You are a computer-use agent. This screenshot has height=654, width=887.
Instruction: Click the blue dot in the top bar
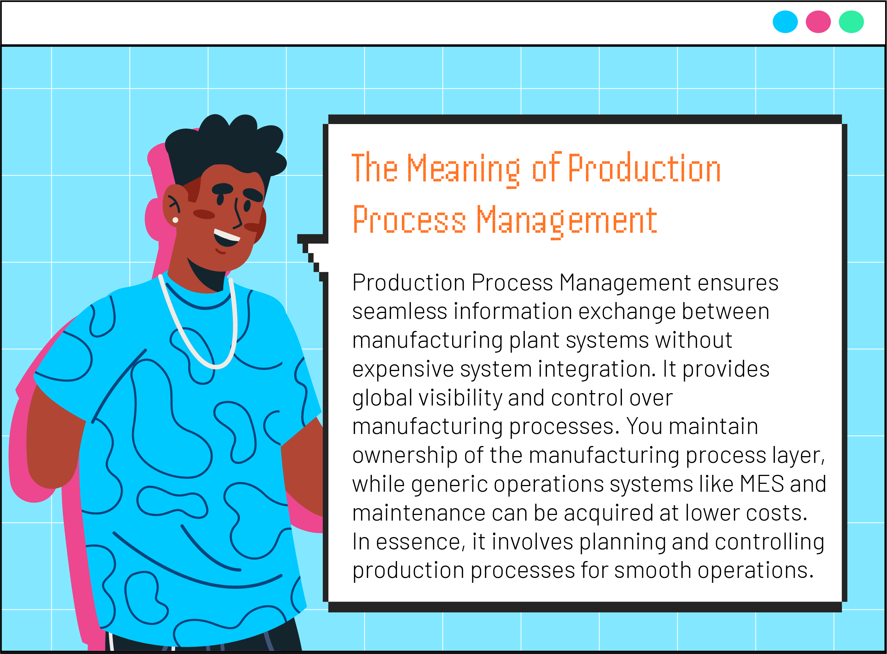coord(785,22)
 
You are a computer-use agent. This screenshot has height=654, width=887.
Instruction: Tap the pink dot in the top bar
coord(818,22)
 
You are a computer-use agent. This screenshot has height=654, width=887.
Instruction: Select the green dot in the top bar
coord(851,22)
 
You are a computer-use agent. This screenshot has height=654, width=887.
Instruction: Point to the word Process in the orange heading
coord(409,220)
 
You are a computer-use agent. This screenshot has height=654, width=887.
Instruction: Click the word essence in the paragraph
coord(420,542)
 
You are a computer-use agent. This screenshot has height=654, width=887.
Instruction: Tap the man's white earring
coord(175,220)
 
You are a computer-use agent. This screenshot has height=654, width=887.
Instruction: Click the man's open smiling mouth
coord(226,237)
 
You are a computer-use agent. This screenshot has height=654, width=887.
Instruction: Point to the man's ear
coord(173,205)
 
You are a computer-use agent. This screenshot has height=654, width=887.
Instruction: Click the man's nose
coord(238,214)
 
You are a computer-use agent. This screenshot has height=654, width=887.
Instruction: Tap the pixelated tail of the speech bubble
coord(313,257)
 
